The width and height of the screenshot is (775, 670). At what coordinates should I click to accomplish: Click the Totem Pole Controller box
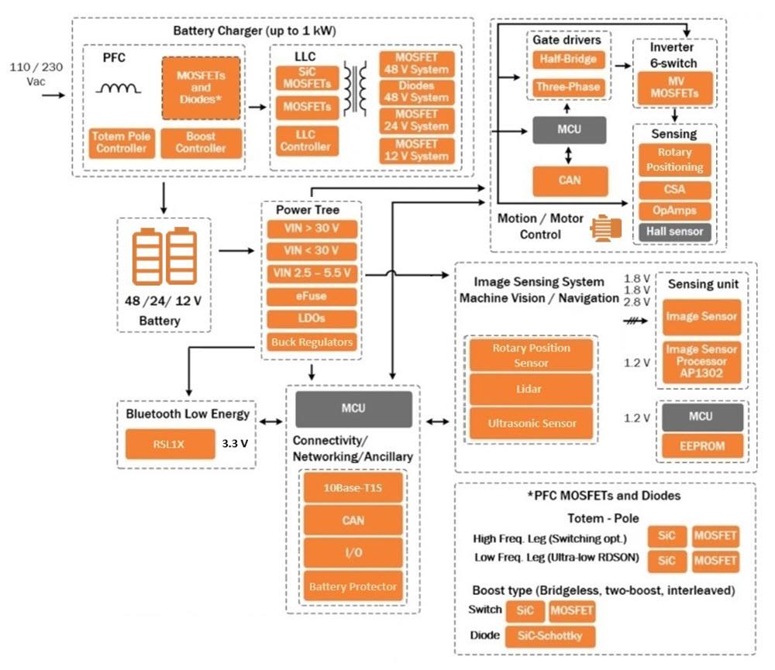coord(121,142)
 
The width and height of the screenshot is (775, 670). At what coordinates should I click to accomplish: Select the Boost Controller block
coord(201,142)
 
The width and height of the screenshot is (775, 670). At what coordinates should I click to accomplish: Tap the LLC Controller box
coord(308,140)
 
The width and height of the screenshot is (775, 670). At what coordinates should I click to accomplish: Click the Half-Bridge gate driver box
coord(567,58)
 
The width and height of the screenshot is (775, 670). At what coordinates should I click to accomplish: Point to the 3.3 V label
coord(235,445)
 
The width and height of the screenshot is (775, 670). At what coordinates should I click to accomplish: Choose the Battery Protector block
coord(353,587)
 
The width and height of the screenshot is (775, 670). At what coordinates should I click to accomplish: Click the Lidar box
coord(531,390)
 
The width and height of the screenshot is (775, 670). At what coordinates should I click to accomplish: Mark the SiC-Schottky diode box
coord(551,637)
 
